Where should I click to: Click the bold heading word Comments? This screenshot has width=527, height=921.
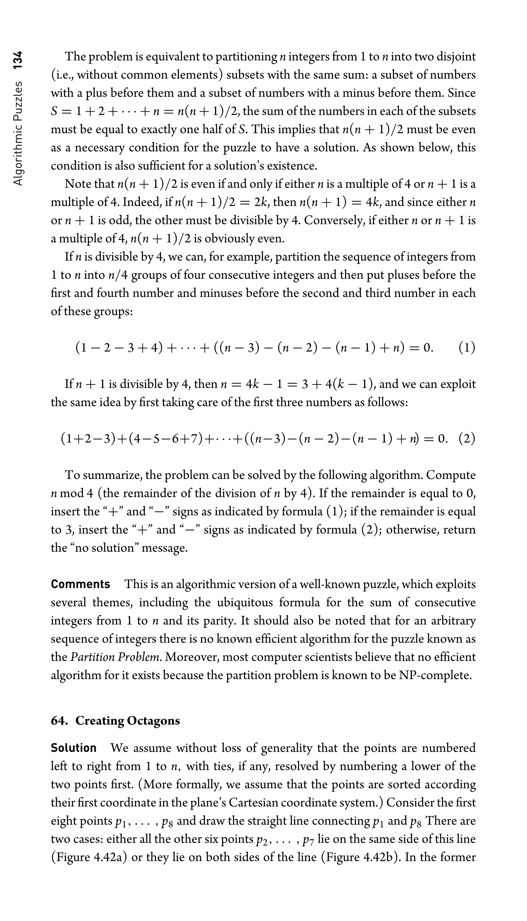pyautogui.click(x=80, y=584)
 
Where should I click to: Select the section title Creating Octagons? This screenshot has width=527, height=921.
pyautogui.click(x=127, y=721)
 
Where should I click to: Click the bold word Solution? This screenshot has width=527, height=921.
pyautogui.click(x=74, y=748)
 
